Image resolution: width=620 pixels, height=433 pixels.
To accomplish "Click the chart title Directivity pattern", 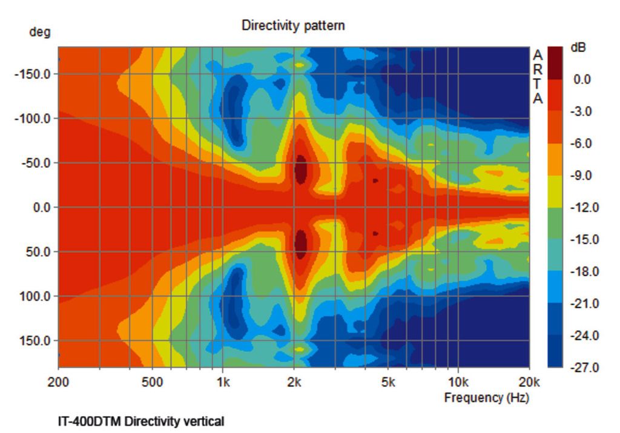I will point(293,25).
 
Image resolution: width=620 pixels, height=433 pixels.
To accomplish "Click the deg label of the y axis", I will point(40,32).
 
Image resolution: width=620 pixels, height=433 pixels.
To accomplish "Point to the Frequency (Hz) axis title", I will point(486,398).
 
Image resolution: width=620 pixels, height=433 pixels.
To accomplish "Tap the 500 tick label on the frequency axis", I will point(153,383).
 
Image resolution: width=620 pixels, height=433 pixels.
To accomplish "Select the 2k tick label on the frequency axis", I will point(294,383).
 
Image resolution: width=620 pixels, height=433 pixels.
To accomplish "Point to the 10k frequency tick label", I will point(458,383).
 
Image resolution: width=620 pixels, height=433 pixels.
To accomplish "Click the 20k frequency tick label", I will point(529,383).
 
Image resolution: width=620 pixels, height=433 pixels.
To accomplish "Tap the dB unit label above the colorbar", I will point(578,47).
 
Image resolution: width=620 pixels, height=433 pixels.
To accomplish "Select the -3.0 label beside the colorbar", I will point(585,111).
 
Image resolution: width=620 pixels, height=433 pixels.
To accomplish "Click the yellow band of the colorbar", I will point(555,191).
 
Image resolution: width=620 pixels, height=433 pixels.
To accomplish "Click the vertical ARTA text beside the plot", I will point(538,77).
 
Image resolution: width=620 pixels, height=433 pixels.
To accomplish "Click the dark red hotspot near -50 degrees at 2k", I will point(300,169).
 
